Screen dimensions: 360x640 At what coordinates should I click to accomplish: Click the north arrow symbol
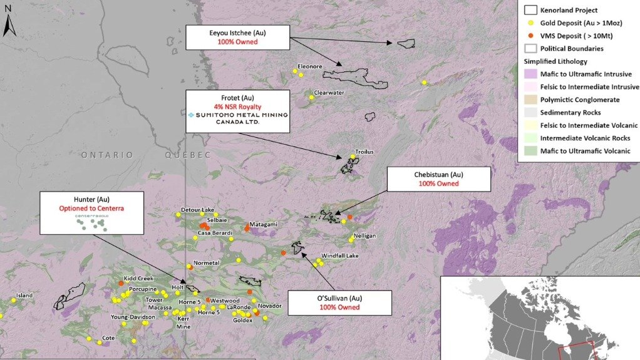point(8,24)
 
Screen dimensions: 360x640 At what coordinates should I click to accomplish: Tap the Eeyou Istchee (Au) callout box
point(237,37)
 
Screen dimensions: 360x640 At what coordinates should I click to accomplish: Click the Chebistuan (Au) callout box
point(438,178)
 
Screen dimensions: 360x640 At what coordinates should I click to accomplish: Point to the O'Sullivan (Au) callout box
point(339,302)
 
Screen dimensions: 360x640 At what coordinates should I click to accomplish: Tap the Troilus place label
point(364,152)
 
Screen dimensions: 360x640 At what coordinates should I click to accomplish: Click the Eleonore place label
point(310,66)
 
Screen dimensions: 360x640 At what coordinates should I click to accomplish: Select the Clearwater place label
point(329,92)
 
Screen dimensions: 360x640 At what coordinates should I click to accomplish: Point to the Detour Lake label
point(197,209)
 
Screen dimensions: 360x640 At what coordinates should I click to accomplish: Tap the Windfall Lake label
point(340,256)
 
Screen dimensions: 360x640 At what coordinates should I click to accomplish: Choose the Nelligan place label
point(364,235)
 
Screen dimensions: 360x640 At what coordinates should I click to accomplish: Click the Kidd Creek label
point(138,278)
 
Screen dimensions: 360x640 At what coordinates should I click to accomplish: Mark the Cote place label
point(108,337)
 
